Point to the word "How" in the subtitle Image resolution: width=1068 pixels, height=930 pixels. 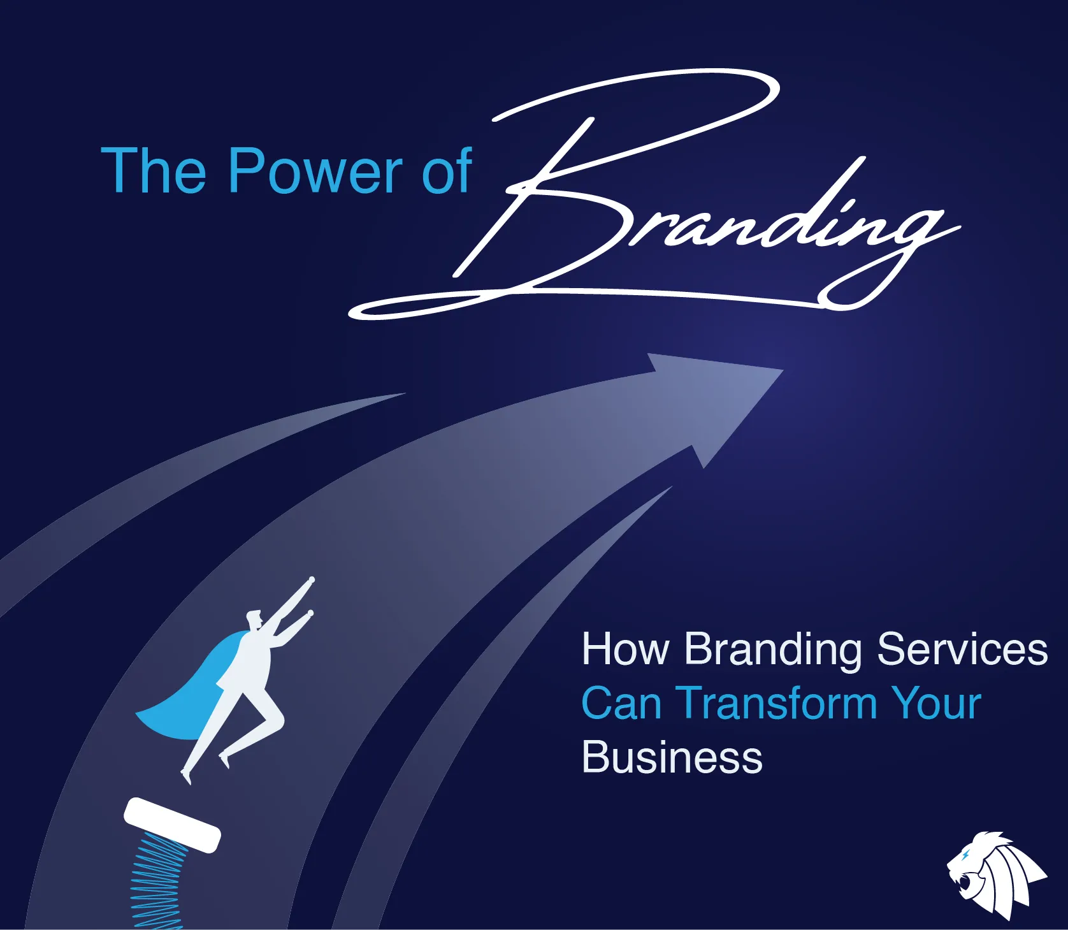click(x=626, y=650)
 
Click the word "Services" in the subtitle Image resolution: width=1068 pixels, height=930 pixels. click(x=962, y=650)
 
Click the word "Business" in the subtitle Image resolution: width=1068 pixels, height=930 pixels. click(x=672, y=757)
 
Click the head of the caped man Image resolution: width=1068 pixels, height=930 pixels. click(x=254, y=619)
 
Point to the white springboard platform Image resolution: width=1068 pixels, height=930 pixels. click(x=172, y=825)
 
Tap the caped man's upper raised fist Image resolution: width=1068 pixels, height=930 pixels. click(x=312, y=580)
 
